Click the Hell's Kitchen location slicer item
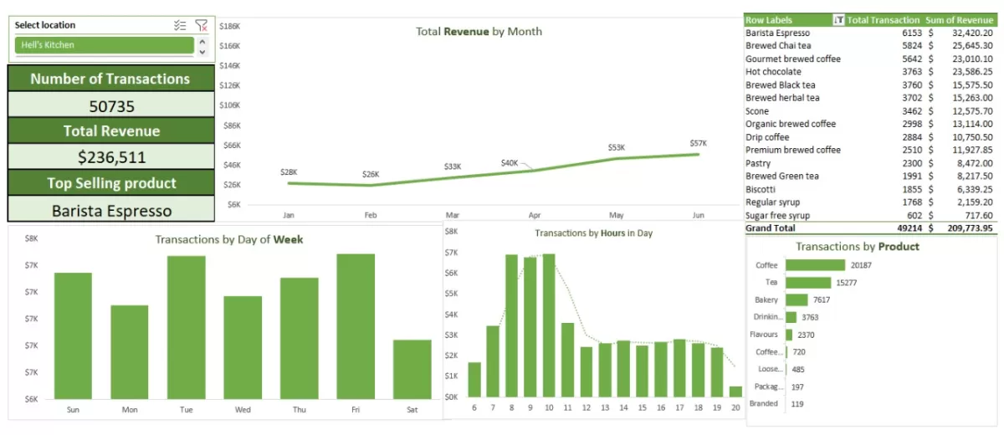[x=105, y=45]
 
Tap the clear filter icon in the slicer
[x=201, y=25]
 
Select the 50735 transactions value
[x=111, y=106]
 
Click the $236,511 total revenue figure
[x=111, y=157]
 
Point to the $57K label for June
[x=698, y=143]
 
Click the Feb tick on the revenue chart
[x=371, y=215]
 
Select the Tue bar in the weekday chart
[x=186, y=327]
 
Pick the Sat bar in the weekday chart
[x=412, y=369]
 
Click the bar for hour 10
[x=549, y=325]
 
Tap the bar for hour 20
[x=735, y=391]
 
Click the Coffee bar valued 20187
[x=815, y=265]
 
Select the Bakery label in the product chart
[x=766, y=299]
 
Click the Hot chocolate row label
[x=773, y=72]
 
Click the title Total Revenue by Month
[x=479, y=32]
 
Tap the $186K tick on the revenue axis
[x=229, y=26]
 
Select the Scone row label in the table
[x=757, y=111]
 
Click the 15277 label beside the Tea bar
[x=849, y=283]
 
